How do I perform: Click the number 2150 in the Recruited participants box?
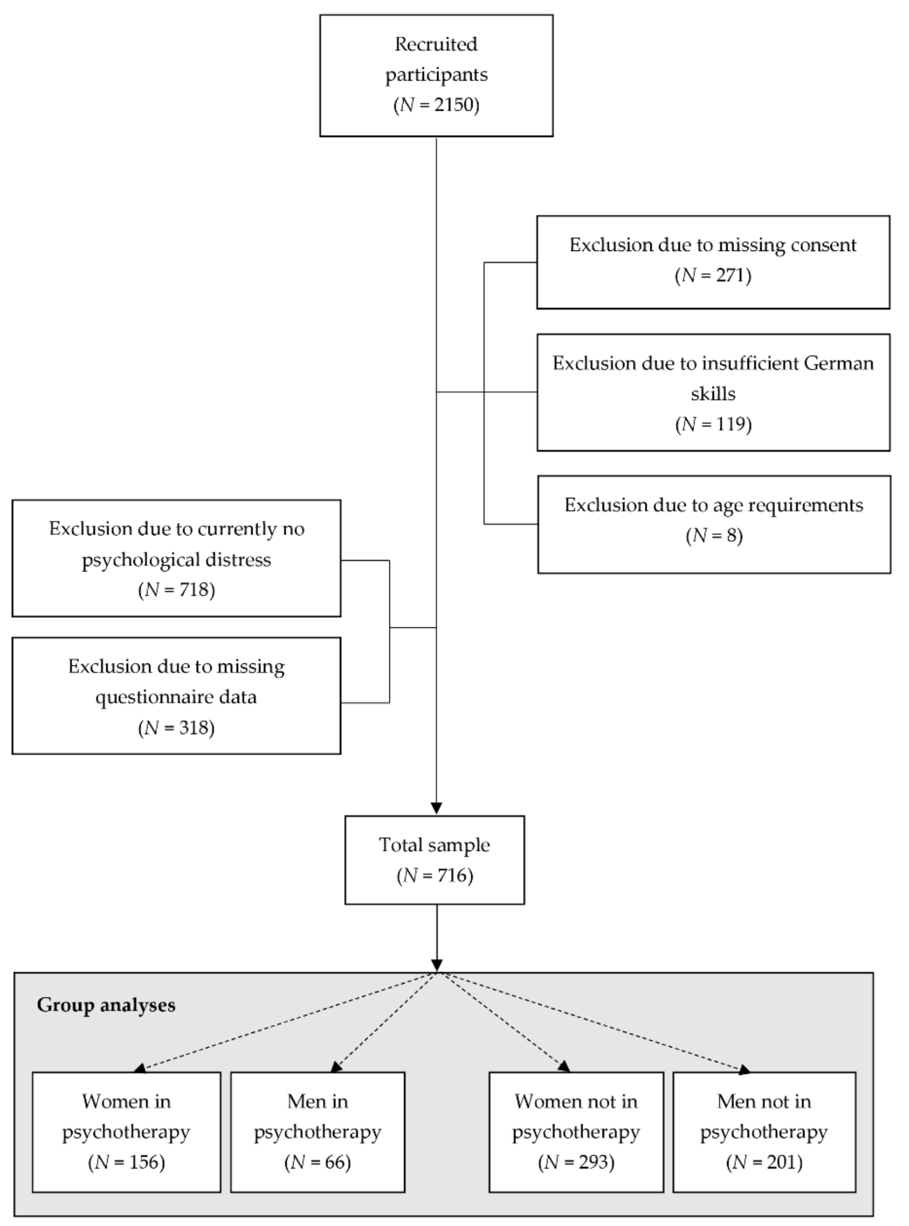tap(452, 105)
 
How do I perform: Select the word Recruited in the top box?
tap(436, 44)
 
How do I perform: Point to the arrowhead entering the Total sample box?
tap(436, 808)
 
